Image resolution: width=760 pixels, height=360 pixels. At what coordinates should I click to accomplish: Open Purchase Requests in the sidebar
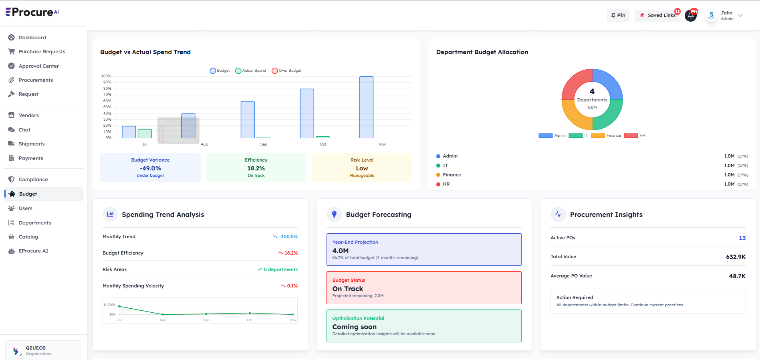click(x=42, y=52)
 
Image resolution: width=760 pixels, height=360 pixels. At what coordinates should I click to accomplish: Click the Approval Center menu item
click(x=38, y=66)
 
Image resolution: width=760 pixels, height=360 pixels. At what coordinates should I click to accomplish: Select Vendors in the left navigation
click(x=28, y=115)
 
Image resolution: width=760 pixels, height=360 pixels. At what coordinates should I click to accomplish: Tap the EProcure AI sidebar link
click(x=33, y=251)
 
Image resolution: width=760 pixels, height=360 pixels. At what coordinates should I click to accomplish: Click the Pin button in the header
click(x=618, y=16)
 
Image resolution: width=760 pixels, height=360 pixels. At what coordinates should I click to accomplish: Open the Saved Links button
click(x=657, y=16)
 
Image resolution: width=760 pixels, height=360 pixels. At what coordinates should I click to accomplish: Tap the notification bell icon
click(x=691, y=16)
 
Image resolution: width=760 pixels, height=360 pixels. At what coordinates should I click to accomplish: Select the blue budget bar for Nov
click(x=366, y=107)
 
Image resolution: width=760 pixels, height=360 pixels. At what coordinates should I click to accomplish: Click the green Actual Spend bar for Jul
click(x=145, y=133)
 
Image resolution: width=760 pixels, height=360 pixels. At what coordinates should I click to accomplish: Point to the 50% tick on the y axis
click(x=107, y=107)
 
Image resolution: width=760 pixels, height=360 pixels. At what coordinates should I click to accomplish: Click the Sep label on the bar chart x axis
click(x=263, y=144)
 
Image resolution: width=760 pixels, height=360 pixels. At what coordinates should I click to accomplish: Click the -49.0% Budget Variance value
click(x=150, y=168)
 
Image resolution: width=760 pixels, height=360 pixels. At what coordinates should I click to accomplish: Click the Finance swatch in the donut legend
click(x=598, y=136)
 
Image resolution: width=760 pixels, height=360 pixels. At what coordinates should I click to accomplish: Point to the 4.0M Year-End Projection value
click(x=340, y=251)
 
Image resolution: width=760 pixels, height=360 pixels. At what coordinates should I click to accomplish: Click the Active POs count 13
click(x=742, y=238)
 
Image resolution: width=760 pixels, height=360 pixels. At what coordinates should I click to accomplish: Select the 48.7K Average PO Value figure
click(x=737, y=276)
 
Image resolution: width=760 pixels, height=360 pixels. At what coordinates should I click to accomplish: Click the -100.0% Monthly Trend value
click(x=288, y=237)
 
